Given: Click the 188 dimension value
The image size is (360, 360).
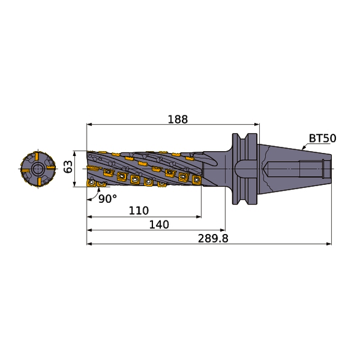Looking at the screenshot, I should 178,119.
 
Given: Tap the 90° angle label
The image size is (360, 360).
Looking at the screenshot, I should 107,198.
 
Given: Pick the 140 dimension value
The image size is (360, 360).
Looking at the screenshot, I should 158,225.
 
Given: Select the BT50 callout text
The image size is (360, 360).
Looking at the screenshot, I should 322,138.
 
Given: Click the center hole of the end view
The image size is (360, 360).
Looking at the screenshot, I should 37,168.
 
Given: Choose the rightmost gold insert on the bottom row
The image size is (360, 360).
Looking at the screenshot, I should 196,180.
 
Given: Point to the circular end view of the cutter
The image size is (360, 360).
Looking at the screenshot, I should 37,168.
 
